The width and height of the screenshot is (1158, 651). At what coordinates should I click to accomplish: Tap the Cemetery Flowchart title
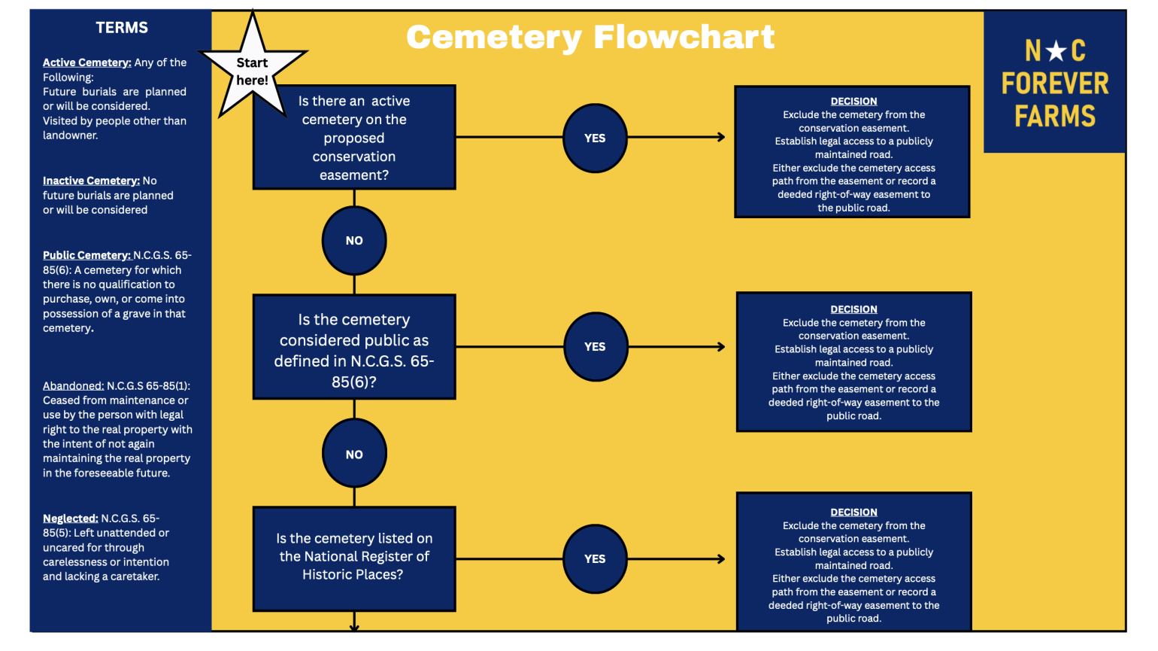coord(590,38)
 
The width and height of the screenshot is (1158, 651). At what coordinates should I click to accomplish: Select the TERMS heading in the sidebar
coord(122,27)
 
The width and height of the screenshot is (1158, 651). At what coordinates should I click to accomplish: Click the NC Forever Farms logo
coord(1054,82)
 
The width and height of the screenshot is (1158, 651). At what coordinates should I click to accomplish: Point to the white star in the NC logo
coord(1056,50)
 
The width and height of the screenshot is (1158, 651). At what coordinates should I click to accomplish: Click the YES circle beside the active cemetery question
coord(595,138)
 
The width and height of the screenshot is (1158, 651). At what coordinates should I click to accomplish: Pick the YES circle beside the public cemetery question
coord(596,347)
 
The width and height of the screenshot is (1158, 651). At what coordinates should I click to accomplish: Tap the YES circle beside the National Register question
coord(595,559)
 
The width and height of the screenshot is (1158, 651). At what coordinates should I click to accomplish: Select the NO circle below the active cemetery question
coord(354,241)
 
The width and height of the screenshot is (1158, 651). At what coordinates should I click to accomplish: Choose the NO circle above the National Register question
coord(354,455)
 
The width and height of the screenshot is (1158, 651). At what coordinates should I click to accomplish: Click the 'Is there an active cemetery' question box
coord(354,138)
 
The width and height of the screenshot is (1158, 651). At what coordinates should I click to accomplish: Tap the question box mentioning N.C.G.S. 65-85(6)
coord(354,347)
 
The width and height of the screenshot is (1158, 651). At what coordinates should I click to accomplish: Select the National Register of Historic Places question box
coord(354,559)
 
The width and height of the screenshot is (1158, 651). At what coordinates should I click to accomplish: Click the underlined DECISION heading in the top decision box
coord(853,102)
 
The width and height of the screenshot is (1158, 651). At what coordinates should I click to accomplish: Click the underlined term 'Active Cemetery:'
coord(87,62)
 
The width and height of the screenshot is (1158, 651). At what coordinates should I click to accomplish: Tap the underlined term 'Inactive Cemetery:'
coord(91,181)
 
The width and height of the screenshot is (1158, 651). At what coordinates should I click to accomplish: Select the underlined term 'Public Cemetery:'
coord(86,255)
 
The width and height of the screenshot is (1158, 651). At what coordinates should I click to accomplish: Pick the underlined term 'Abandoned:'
coord(74,386)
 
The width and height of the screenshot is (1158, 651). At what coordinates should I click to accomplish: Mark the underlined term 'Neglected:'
coord(71,519)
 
